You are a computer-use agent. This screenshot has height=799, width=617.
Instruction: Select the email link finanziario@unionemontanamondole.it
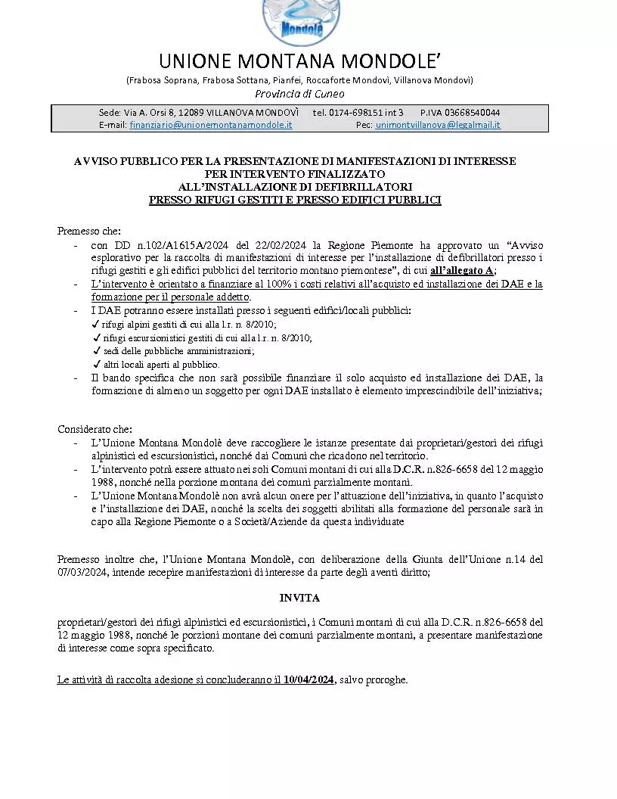[211, 124]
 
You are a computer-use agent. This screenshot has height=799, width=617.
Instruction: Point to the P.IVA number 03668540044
[471, 113]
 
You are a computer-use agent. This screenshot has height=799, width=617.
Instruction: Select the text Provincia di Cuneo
[299, 94]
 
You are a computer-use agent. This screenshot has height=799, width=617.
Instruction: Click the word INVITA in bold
[299, 598]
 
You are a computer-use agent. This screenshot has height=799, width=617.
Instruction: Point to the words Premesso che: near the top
[89, 231]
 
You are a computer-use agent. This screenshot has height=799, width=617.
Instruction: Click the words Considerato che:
[95, 429]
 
